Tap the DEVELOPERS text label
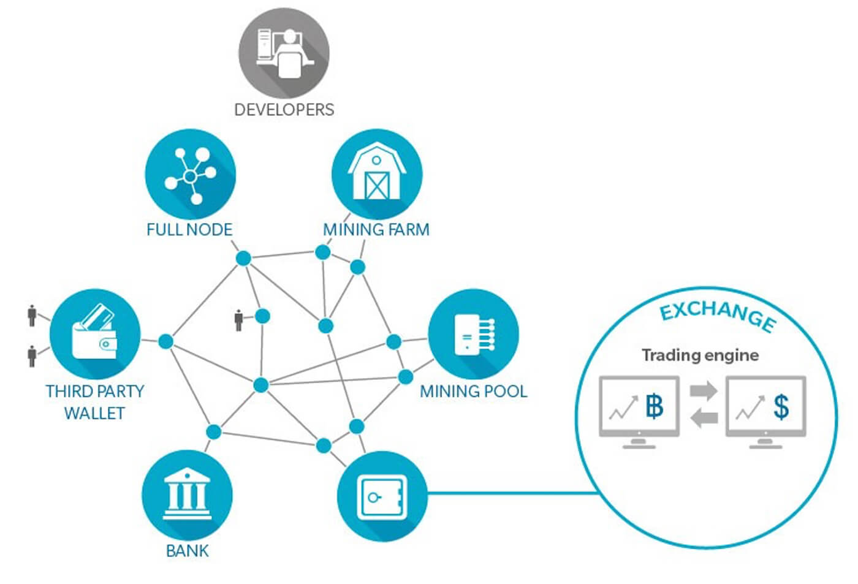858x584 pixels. pos(284,110)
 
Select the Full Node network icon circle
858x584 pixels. pos(190,174)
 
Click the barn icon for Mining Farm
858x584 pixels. pos(377,174)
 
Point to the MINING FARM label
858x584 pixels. pos(376,230)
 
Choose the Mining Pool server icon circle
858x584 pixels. pos(473,335)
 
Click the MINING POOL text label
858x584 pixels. pos(473,392)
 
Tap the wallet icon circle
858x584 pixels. pos(95,335)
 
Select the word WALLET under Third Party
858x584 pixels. pos(94,414)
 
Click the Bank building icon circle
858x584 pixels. pos(187,495)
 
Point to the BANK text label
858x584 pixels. pos(188,551)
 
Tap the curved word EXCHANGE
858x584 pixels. pos(717,314)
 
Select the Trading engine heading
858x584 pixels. pos(700,355)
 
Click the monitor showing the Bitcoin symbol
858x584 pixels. pos(639,408)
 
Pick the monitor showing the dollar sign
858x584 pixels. pos(765,408)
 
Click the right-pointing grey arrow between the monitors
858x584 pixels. pos(704,390)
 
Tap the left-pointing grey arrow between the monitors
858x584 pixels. pos(704,418)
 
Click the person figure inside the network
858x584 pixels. pos(239,320)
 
